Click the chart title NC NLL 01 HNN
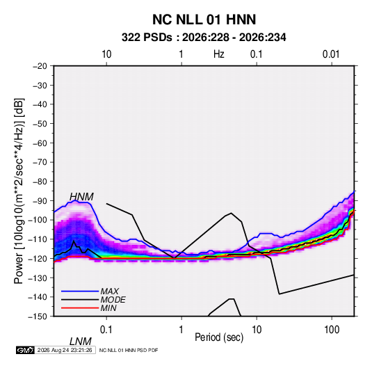pyautogui.click(x=204, y=19)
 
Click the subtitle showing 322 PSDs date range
pyautogui.click(x=204, y=38)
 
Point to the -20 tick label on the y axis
pyautogui.click(x=40, y=66)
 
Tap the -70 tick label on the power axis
pyautogui.click(x=40, y=162)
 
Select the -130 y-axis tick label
pyautogui.click(x=38, y=278)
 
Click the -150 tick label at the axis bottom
pyautogui.click(x=38, y=317)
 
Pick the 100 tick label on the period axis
pyautogui.click(x=332, y=330)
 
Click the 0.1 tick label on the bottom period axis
pyautogui.click(x=106, y=330)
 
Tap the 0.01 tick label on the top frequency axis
pyautogui.click(x=331, y=54)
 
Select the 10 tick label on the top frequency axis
pyautogui.click(x=106, y=54)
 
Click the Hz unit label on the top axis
pyautogui.click(x=219, y=54)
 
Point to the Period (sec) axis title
pyautogui.click(x=219, y=337)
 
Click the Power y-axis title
pyautogui.click(x=19, y=191)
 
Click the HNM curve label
pyautogui.click(x=81, y=197)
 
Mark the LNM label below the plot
pyautogui.click(x=81, y=342)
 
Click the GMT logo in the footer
pyautogui.click(x=25, y=350)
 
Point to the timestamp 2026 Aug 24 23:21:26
pyautogui.click(x=65, y=350)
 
